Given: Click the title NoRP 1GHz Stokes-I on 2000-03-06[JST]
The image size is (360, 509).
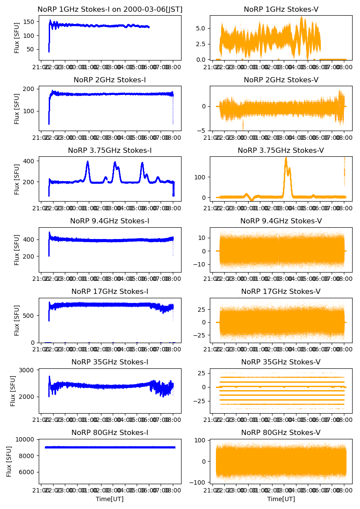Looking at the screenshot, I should pyautogui.click(x=110, y=10).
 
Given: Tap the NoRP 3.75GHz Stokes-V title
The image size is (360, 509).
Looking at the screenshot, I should pyautogui.click(x=281, y=151).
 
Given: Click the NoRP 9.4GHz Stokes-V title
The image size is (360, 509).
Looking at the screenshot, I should pyautogui.click(x=281, y=221).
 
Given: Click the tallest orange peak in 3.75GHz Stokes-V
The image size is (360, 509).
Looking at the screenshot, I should pyautogui.click(x=286, y=159).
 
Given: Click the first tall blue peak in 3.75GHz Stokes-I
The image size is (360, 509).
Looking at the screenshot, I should pyautogui.click(x=87, y=162).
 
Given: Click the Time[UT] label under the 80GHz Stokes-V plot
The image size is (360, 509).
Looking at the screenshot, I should pyautogui.click(x=281, y=499).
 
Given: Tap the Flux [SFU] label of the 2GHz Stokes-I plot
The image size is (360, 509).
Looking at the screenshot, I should pyautogui.click(x=17, y=108).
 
